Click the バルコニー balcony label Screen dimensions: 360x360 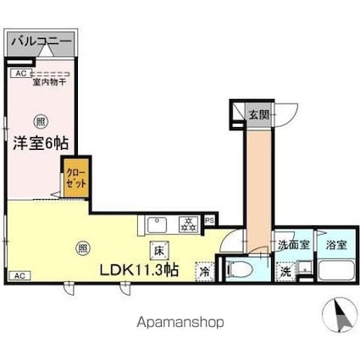point(42,41)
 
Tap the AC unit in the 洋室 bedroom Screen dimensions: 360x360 point(18,74)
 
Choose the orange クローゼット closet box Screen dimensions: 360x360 point(75,180)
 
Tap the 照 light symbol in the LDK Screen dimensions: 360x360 point(81,248)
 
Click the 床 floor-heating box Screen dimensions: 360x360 point(158,249)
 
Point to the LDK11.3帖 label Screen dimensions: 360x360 point(138,270)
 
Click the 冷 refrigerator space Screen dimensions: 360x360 point(204,272)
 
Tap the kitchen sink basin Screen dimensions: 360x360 point(157,224)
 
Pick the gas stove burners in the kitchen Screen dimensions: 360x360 point(187,224)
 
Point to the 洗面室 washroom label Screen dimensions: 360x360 point(292,246)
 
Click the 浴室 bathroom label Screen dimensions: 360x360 point(335,246)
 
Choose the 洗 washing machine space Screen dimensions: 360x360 point(285,272)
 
